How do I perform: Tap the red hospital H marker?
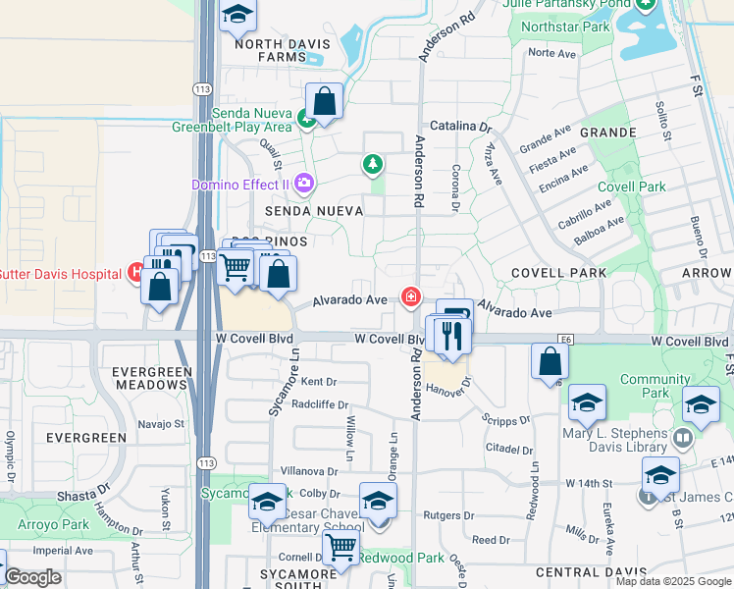click(134, 273)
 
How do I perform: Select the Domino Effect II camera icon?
click(304, 183)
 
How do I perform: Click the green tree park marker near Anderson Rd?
click(372, 164)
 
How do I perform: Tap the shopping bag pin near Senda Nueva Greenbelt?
click(323, 101)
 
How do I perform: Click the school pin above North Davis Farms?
click(237, 16)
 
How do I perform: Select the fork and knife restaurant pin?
click(452, 336)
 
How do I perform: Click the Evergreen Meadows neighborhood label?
click(149, 378)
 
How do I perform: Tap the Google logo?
click(32, 577)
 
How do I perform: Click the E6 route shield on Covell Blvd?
click(565, 339)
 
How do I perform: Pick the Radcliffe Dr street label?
click(320, 404)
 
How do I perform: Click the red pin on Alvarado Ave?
click(410, 296)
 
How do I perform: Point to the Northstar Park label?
click(579, 27)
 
